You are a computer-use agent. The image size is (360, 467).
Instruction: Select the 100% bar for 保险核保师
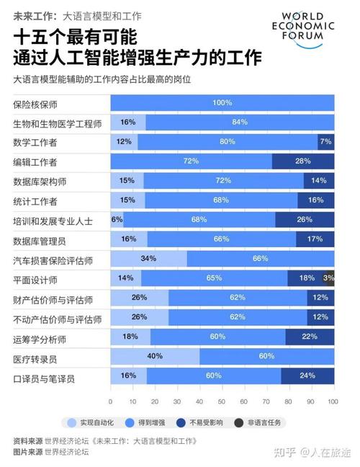(x=222, y=103)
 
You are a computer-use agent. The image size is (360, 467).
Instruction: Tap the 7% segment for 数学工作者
(x=326, y=142)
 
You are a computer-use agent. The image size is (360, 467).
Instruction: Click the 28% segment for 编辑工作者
(x=302, y=161)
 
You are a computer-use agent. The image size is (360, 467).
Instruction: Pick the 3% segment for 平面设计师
(x=330, y=277)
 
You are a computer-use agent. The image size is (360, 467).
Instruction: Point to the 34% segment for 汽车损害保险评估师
(x=148, y=258)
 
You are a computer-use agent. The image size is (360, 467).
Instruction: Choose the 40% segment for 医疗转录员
(x=155, y=356)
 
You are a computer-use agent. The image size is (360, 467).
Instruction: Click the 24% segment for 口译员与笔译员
(x=307, y=375)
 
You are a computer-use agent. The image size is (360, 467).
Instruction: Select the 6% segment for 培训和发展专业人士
(x=117, y=219)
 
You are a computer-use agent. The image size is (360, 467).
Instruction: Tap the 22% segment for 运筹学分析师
(x=310, y=337)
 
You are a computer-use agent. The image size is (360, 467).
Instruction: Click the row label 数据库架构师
(x=40, y=181)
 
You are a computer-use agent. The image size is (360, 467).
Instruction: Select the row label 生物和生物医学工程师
(x=57, y=123)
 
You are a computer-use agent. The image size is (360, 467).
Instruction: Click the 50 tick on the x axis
(x=222, y=401)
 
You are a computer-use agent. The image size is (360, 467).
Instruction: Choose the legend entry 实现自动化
(x=94, y=422)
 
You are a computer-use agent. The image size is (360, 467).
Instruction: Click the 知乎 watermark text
(x=287, y=453)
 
